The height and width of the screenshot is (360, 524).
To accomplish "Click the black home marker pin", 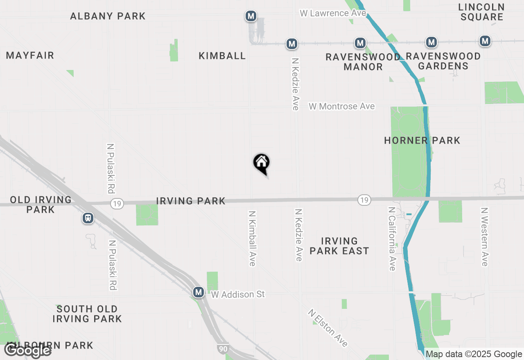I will pyautogui.click(x=262, y=163).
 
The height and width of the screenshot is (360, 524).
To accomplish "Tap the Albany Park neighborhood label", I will pyautogui.click(x=108, y=16).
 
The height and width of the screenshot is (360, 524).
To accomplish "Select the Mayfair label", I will pyautogui.click(x=30, y=56).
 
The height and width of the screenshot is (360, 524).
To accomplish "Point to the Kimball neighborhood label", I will pyautogui.click(x=222, y=56).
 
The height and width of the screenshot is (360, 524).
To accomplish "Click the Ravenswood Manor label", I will pyautogui.click(x=363, y=62).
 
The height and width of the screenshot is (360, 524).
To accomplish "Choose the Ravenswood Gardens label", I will pyautogui.click(x=443, y=61).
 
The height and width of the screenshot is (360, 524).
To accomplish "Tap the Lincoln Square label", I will pyautogui.click(x=481, y=12).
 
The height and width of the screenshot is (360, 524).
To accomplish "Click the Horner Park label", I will pyautogui.click(x=422, y=141).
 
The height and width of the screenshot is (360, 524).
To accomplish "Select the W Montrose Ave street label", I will pyautogui.click(x=342, y=106).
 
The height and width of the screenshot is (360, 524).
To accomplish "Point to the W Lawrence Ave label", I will pyautogui.click(x=333, y=13).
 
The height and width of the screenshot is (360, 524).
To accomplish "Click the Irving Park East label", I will pyautogui.click(x=339, y=246).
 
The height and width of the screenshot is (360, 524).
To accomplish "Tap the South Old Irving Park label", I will pyautogui.click(x=87, y=314).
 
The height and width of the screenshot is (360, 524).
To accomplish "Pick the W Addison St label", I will pyautogui.click(x=238, y=294).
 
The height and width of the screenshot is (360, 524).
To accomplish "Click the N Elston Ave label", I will pyautogui.click(x=328, y=328).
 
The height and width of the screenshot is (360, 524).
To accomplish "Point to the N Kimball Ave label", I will pyautogui.click(x=252, y=238).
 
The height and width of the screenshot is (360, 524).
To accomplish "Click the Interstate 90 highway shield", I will pyautogui.click(x=222, y=349).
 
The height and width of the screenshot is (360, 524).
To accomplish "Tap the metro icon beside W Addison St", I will pyautogui.click(x=199, y=292).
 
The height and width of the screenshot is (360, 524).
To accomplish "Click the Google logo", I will pyautogui.click(x=28, y=350).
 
